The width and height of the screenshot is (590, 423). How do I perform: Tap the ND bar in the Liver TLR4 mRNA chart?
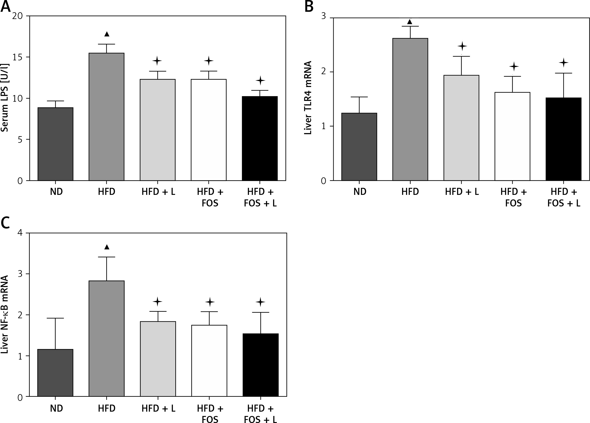click(359, 147)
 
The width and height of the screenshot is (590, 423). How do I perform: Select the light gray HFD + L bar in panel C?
click(158, 359)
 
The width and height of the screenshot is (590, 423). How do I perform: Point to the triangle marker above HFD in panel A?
click(107, 34)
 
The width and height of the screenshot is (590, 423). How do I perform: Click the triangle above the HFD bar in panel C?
click(107, 247)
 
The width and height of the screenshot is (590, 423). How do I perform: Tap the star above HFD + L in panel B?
click(462, 46)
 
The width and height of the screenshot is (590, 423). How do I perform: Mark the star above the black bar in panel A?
click(260, 80)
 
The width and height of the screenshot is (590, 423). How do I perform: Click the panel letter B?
click(309, 7)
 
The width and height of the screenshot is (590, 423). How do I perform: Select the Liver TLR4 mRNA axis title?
click(308, 98)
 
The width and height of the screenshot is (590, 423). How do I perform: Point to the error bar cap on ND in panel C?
click(55, 318)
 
